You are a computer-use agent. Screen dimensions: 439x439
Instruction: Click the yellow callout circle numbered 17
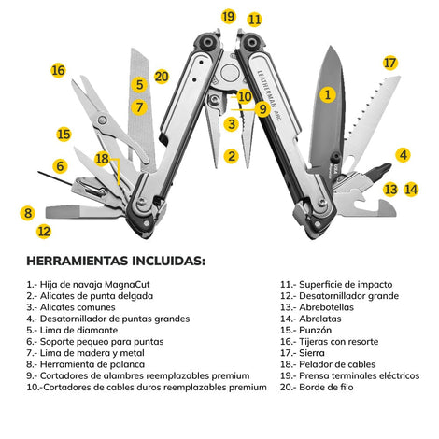[x=389, y=64]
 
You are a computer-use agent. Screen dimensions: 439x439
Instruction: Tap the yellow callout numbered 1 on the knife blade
[x=327, y=94]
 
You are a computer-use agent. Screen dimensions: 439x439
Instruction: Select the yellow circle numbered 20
[x=162, y=77]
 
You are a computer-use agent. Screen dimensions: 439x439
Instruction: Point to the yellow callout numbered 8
[x=28, y=213]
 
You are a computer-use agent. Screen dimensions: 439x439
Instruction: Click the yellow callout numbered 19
[x=228, y=16]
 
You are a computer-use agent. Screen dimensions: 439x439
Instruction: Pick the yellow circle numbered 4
[x=404, y=155]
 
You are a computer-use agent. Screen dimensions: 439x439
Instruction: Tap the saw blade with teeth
[x=372, y=121]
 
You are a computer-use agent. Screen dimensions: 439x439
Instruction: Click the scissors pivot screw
[x=102, y=120]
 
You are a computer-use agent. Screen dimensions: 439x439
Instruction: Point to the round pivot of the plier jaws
[x=230, y=73]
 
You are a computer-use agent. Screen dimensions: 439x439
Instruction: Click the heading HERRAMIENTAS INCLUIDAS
[x=116, y=261]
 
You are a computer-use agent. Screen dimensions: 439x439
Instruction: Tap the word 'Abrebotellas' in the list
[x=326, y=307]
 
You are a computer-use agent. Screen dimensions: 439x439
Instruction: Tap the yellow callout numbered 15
[x=64, y=135]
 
